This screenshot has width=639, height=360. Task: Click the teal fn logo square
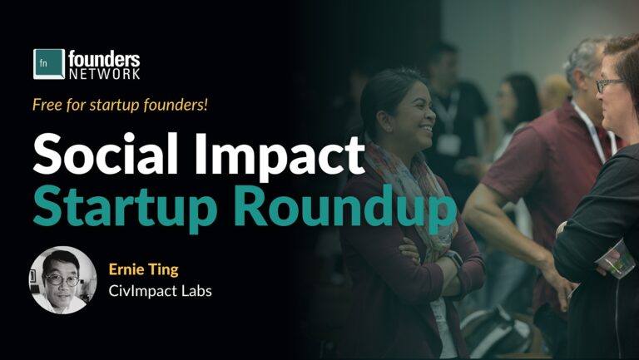coord(49,64)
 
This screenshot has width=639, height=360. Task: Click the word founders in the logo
coord(105,58)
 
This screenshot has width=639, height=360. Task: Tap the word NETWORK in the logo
coord(105,74)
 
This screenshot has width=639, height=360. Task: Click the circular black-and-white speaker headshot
coord(63,280)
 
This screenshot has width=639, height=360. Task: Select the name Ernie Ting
coord(143,269)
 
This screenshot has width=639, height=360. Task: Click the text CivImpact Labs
coord(160,292)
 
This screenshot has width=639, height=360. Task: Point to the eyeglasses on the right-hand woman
coord(610,84)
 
